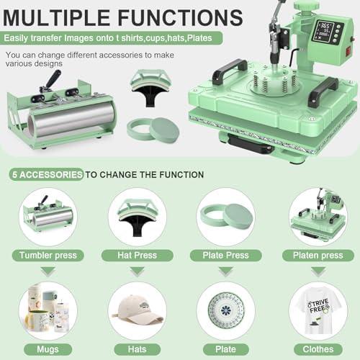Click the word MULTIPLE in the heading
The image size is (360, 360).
(x=57, y=17)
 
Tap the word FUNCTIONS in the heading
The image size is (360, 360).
(x=181, y=17)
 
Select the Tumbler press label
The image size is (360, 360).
(x=48, y=256)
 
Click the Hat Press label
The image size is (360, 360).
(x=137, y=256)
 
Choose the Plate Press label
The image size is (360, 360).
(x=225, y=256)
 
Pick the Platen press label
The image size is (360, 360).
(x=318, y=256)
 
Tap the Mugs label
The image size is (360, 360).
(x=48, y=349)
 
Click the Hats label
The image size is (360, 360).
(x=137, y=349)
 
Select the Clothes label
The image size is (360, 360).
(x=318, y=349)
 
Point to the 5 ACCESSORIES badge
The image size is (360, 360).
(x=46, y=174)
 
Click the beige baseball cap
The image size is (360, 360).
(x=138, y=309)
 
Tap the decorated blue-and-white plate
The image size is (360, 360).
(x=226, y=311)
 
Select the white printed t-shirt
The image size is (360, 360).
(x=318, y=310)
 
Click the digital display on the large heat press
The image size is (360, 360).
(x=323, y=31)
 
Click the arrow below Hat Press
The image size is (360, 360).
(x=137, y=271)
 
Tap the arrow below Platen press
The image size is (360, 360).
(x=318, y=271)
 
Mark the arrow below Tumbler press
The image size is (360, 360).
(x=48, y=271)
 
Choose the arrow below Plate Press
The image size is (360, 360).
(x=225, y=271)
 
